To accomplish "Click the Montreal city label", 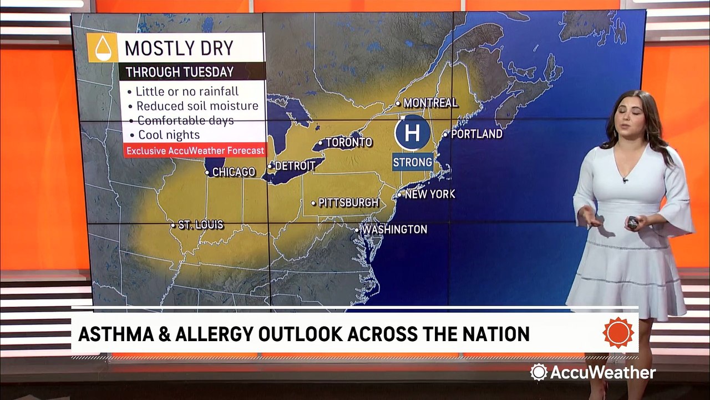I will (x=430, y=103).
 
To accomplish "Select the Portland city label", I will (x=476, y=134).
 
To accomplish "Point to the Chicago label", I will (x=234, y=172).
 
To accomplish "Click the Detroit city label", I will (x=298, y=166).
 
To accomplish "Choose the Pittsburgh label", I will (x=348, y=203).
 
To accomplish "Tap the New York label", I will (x=429, y=194).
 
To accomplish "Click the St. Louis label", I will (x=200, y=225).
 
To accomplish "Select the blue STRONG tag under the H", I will (x=413, y=162).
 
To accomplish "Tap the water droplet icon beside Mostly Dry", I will (x=102, y=48).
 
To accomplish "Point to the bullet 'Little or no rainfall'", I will (x=188, y=91).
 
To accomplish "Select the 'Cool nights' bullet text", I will (x=169, y=134).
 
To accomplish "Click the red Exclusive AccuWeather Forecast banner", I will (x=194, y=151).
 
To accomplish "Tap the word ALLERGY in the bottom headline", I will (x=233, y=334).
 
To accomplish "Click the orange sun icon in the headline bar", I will (x=618, y=333).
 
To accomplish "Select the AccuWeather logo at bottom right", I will (x=593, y=372).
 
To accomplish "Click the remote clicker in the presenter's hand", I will (x=632, y=223).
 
